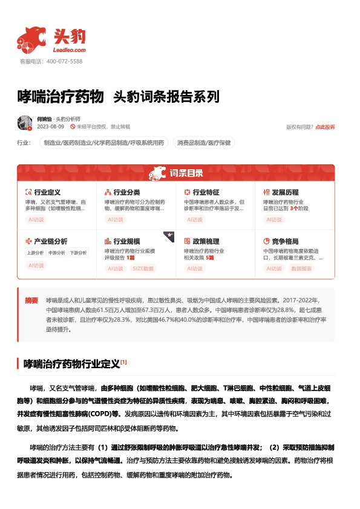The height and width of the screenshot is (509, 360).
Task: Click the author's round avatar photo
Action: click(25, 123)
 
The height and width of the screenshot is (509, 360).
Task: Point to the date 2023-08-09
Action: click(50, 127)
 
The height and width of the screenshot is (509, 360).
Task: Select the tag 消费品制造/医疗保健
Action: click(204, 143)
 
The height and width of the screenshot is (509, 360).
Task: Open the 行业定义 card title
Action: click(47, 192)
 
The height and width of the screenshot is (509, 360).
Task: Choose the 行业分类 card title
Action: click(126, 192)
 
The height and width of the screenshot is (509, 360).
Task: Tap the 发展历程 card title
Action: click(286, 192)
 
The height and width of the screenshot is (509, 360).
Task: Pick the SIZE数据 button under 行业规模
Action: click(143, 268)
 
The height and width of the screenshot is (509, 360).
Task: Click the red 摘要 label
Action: click(31, 300)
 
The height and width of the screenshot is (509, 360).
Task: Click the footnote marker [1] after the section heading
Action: click(123, 362)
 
